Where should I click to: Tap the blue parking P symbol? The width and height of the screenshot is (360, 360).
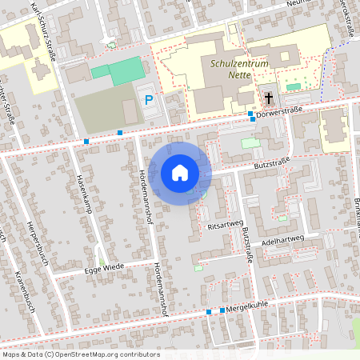click(148, 100)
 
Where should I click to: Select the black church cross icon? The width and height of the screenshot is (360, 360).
click(269, 98)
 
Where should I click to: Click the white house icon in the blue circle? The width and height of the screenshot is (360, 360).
click(179, 173)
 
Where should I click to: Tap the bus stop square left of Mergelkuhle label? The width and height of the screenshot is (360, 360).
click(209, 311)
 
